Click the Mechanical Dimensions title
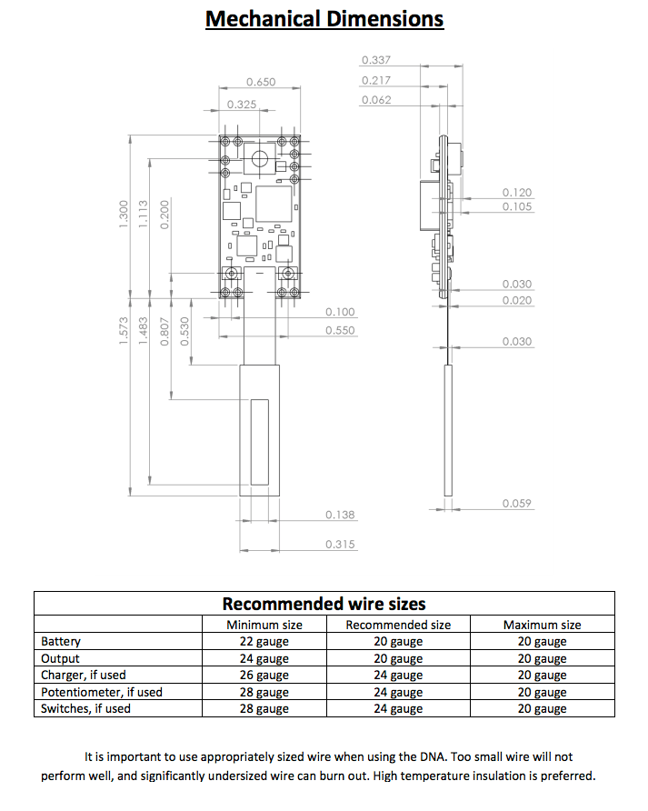click(324, 19)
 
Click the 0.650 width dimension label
click(260, 82)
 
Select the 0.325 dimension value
click(241, 105)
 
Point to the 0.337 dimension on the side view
click(375, 60)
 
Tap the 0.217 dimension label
click(375, 80)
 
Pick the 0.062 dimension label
click(375, 100)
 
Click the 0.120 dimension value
click(517, 193)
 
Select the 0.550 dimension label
click(340, 330)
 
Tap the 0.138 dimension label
click(340, 516)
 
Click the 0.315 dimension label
click(340, 545)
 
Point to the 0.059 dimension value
click(517, 504)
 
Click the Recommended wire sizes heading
click(324, 604)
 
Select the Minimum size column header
click(264, 625)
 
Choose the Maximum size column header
click(542, 625)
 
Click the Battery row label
click(61, 642)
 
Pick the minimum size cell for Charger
click(264, 676)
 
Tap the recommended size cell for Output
click(398, 658)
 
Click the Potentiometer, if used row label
click(102, 692)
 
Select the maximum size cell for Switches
click(542, 708)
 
